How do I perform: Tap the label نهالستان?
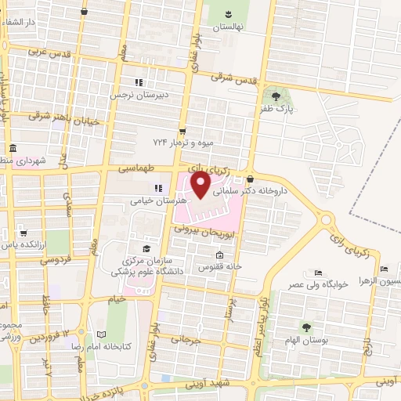point(229,26)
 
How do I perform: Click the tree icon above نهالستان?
point(229,13)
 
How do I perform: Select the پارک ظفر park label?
point(279,109)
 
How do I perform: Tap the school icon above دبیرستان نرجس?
point(139,82)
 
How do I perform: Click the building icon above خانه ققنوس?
point(219,255)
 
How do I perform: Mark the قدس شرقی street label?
point(236,78)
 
